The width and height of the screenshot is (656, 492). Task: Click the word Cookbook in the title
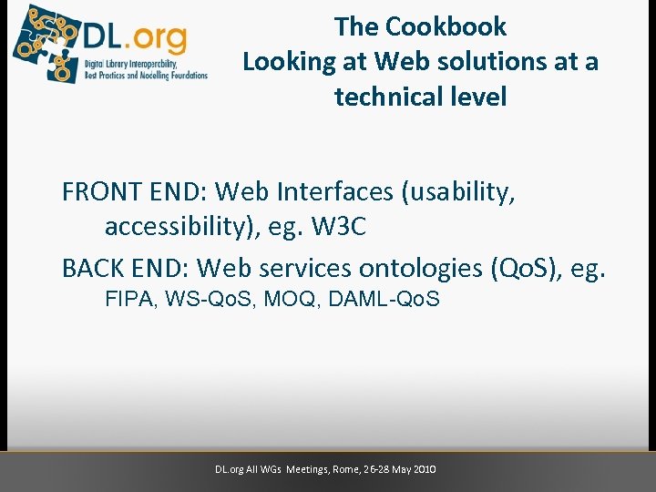click(x=446, y=26)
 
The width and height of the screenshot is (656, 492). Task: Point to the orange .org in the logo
click(x=157, y=38)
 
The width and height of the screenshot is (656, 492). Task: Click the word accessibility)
click(x=182, y=227)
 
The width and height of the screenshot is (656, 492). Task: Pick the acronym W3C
click(x=339, y=227)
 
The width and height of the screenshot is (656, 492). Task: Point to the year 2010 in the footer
click(x=425, y=469)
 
